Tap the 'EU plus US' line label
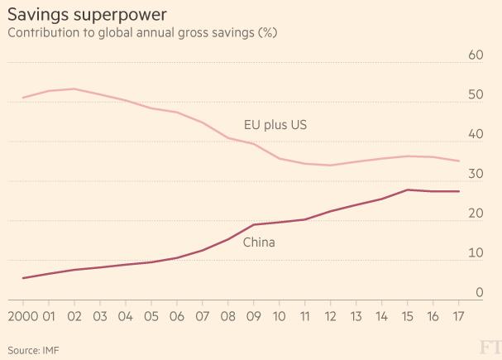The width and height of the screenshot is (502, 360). coord(276,125)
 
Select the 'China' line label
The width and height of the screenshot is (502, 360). coord(259,242)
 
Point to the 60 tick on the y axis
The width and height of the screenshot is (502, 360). coord(475,55)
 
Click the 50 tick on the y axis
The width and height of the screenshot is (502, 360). coord(475,95)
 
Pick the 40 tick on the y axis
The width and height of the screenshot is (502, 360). coord(475,135)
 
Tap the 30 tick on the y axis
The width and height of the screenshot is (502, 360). coord(475,175)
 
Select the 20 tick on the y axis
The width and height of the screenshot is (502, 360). coord(475,214)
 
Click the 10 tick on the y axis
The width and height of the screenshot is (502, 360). coord(475,254)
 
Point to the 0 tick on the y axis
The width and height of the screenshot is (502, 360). coord(479,293)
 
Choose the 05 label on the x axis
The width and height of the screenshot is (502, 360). coord(151,317)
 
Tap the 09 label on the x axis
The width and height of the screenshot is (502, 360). coord(254,317)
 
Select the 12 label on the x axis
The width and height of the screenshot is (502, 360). coord(331,317)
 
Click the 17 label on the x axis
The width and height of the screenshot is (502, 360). coord(458,317)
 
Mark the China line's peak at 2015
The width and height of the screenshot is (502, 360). coord(408,190)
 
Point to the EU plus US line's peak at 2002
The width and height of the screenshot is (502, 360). coord(74,89)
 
